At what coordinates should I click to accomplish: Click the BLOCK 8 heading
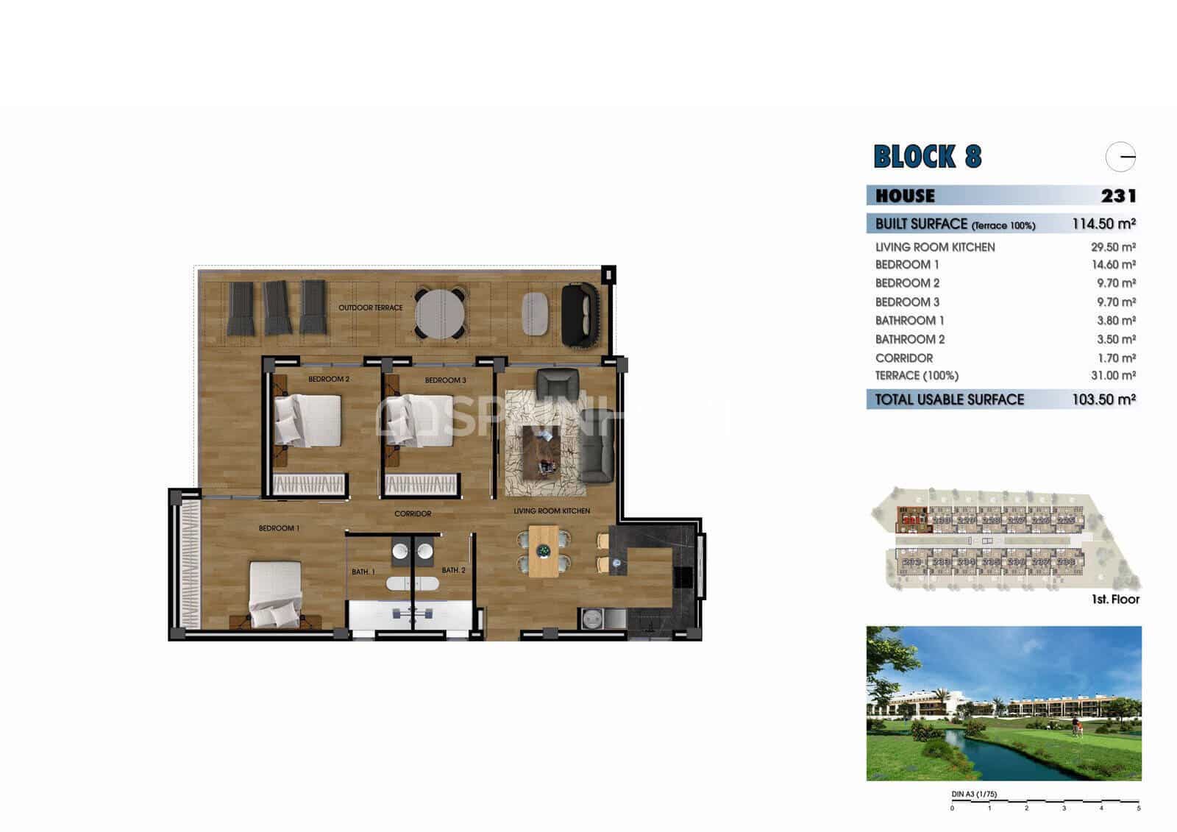[x=927, y=157]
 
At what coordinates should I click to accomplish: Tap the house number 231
[x=1118, y=196]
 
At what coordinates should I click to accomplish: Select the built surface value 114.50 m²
[x=1103, y=224]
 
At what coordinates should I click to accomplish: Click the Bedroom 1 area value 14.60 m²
[x=1113, y=265]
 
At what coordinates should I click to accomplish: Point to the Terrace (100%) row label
[x=917, y=376]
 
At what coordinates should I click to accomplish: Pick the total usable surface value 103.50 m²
[x=1103, y=399]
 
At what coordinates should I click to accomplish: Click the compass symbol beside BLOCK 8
[x=1120, y=157]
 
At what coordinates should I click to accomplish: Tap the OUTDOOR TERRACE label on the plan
[x=371, y=307]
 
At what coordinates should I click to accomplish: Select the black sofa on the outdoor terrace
[x=580, y=315]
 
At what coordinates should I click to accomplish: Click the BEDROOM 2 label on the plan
[x=329, y=380]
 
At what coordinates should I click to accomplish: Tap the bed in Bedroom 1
[x=275, y=594]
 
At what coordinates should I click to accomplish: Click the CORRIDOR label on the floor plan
[x=413, y=513]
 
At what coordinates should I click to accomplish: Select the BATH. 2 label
[x=453, y=570]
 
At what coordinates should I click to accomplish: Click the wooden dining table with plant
[x=544, y=550]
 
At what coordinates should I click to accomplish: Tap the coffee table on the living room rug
[x=541, y=451]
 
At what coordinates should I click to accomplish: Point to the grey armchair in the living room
[x=558, y=383]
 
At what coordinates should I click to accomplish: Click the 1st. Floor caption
[x=1115, y=600]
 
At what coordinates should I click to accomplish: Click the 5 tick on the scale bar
[x=1139, y=808]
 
